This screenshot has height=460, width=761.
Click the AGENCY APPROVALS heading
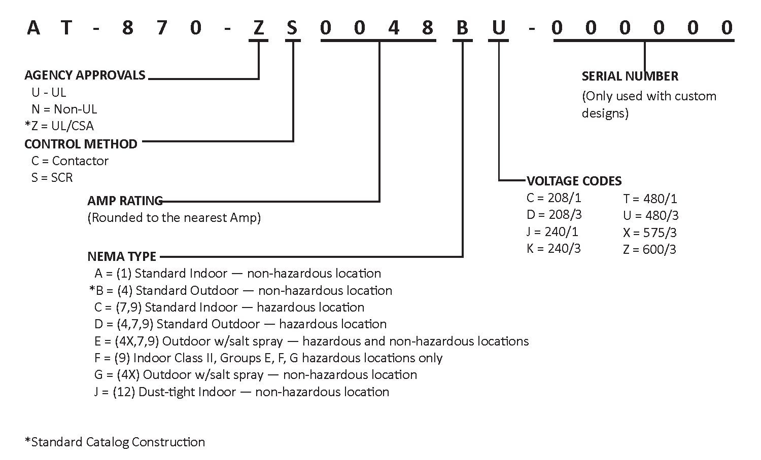[85, 75]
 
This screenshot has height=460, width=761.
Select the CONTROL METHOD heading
[81, 144]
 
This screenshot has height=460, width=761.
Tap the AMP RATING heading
[125, 201]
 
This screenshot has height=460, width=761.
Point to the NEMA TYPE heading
[122, 256]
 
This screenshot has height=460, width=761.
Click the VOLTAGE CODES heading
[574, 181]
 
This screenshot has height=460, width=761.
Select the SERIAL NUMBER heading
[630, 76]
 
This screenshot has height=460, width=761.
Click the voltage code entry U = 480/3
[650, 215]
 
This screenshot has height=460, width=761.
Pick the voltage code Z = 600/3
[649, 249]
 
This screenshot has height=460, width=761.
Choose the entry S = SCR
[52, 177]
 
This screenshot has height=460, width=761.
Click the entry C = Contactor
[70, 161]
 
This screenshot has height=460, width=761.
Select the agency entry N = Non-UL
[64, 109]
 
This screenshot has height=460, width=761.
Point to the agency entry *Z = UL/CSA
[59, 126]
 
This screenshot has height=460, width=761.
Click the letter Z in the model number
[259, 27]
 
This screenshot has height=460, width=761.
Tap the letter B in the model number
[462, 27]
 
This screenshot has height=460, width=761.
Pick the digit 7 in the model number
[162, 27]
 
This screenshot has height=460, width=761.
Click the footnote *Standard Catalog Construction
[115, 442]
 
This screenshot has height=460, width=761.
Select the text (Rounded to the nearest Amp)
[174, 218]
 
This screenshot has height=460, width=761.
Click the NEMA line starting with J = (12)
[241, 392]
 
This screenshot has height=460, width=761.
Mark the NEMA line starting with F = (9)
[268, 358]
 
